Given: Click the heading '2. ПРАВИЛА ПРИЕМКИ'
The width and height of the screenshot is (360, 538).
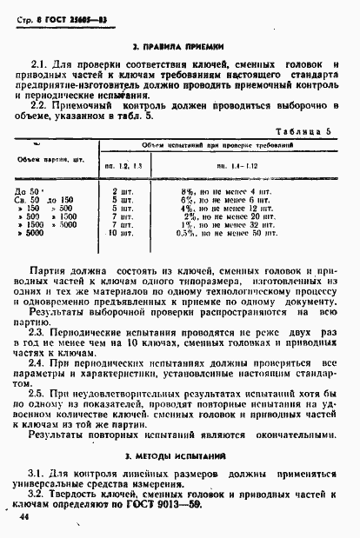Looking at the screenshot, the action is click(179, 43).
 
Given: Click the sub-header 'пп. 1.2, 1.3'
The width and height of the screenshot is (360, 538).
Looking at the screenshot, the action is click(123, 165).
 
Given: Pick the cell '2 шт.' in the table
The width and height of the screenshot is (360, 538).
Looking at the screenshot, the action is click(121, 190).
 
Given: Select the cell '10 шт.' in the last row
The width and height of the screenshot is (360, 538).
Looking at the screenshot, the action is click(120, 234).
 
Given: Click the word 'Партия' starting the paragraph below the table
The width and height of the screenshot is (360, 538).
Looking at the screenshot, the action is click(49, 271).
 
